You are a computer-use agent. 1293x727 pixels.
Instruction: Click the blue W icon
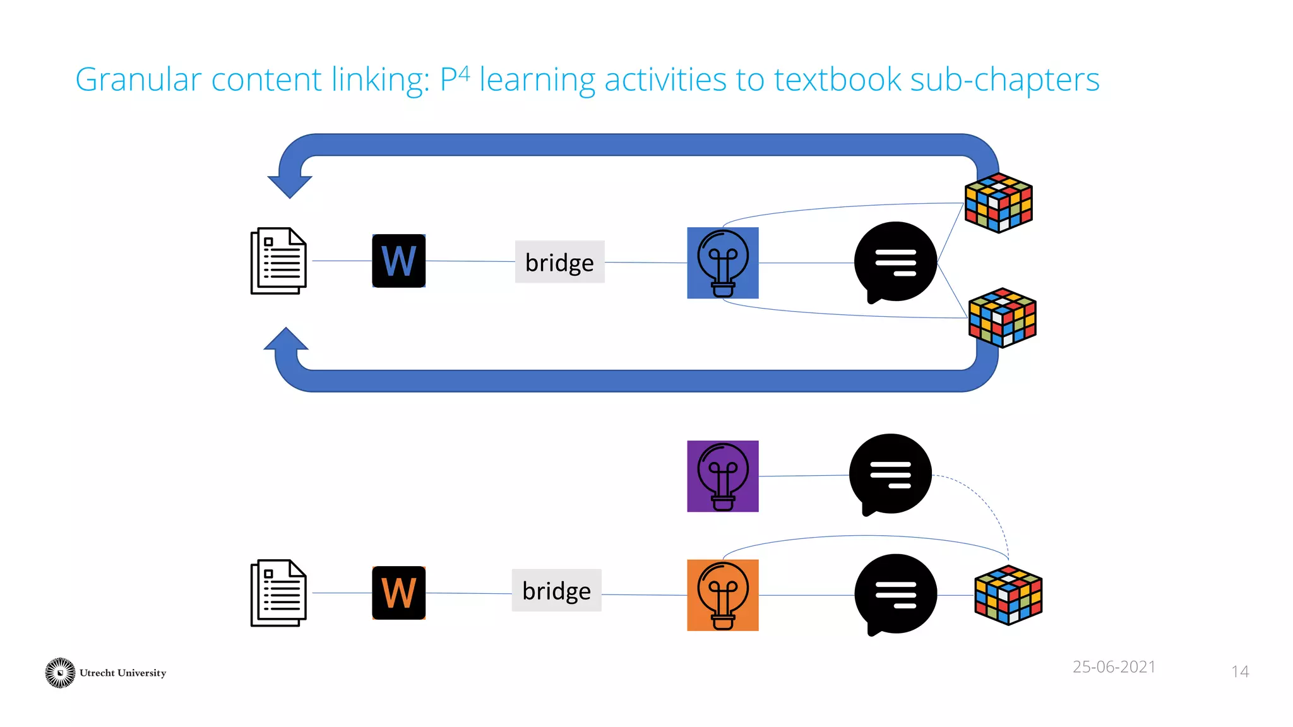point(398,261)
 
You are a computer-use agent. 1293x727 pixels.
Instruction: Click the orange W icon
point(398,593)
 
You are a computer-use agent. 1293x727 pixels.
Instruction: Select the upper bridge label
point(559,262)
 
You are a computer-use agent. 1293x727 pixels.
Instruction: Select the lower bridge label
point(556,591)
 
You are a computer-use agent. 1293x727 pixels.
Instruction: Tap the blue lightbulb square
point(722,263)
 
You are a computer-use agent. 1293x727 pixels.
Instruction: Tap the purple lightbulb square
point(722,476)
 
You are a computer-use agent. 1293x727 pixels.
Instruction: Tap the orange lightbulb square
point(722,594)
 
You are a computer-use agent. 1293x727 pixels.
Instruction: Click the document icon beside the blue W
point(278,261)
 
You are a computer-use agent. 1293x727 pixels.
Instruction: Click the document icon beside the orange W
point(278,593)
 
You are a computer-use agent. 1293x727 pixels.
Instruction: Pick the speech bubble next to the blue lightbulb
point(895,261)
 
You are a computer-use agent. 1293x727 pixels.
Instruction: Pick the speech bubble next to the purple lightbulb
point(890,473)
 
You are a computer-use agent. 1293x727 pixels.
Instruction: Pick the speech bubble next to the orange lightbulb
point(895,594)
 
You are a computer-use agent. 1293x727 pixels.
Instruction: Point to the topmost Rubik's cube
point(998,203)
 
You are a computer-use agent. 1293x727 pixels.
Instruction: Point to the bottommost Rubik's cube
point(1008,594)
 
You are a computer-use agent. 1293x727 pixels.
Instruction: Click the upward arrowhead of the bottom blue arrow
point(286,340)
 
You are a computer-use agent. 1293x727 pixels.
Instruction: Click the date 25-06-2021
point(1114,666)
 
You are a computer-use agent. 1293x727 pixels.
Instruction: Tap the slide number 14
point(1239,671)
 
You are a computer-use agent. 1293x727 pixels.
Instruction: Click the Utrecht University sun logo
point(60,673)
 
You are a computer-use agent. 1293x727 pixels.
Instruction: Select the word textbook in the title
point(837,80)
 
